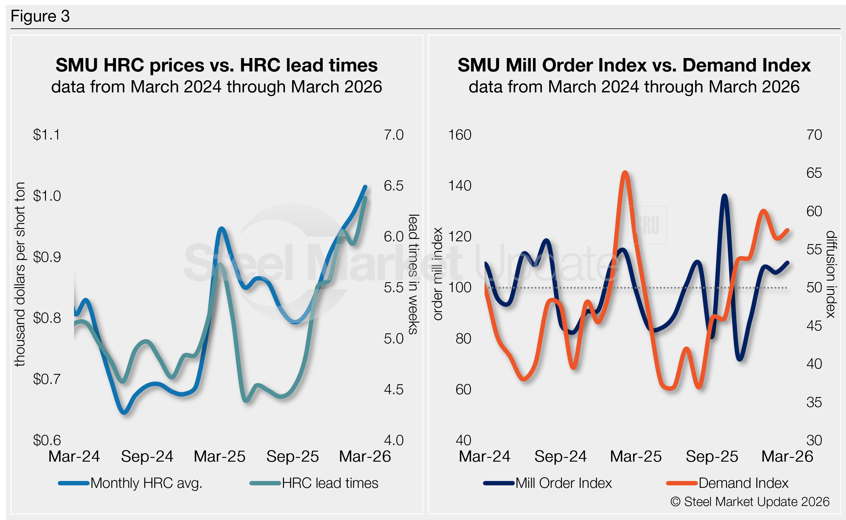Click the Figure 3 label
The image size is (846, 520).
[x=40, y=16]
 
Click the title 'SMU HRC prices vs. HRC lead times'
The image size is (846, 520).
[x=216, y=65]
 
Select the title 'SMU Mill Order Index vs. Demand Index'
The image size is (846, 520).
[x=634, y=65]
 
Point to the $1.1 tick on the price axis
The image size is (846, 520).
[x=47, y=135]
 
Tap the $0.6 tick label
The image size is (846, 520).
[x=47, y=440]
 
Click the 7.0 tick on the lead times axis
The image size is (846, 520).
[x=394, y=135]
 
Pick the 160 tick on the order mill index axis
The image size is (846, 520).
[x=460, y=135]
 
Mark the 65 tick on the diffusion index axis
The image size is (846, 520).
[x=814, y=173]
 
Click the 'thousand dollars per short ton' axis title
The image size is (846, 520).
[x=20, y=274]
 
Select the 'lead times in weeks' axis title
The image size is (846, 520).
[x=413, y=274]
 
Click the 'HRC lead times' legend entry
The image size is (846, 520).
[x=314, y=483]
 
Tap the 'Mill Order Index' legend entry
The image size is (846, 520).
[x=548, y=483]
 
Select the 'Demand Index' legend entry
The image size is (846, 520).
[x=727, y=483]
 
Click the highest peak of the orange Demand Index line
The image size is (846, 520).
[x=625, y=172]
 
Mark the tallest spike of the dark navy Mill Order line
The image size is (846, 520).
[x=724, y=196]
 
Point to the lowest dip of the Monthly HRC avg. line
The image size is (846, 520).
[x=124, y=412]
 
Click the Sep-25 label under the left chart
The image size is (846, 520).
[x=292, y=456]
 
